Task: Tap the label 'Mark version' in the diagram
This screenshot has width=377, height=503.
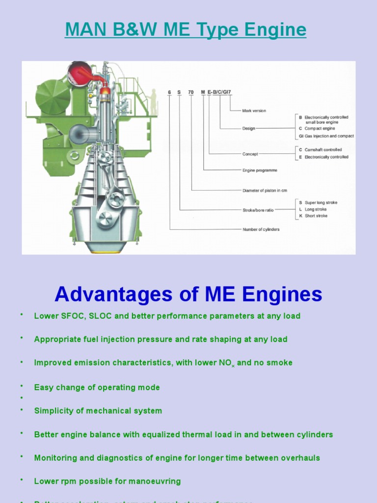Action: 254,111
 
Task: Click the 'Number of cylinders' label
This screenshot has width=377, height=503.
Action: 261,229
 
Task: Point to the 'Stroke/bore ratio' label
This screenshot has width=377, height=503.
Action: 258,210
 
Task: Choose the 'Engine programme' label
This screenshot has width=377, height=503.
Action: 260,170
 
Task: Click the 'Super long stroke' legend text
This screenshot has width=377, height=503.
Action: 321,202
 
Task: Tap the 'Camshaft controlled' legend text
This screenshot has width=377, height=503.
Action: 323,150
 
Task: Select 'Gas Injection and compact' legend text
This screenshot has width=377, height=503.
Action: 329,136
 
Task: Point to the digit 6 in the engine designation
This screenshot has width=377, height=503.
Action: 170,92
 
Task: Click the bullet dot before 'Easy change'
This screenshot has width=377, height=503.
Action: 22,386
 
